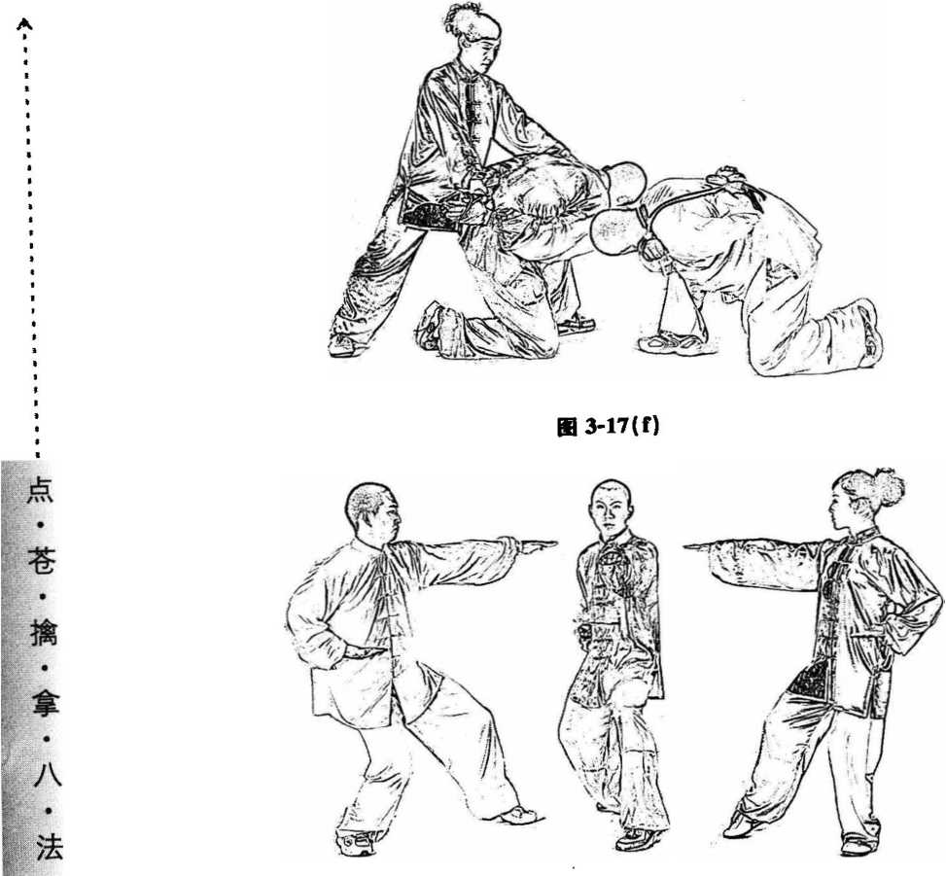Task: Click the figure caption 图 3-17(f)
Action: pos(608,427)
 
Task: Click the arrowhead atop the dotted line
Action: pos(24,24)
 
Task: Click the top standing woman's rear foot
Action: pos(345,345)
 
